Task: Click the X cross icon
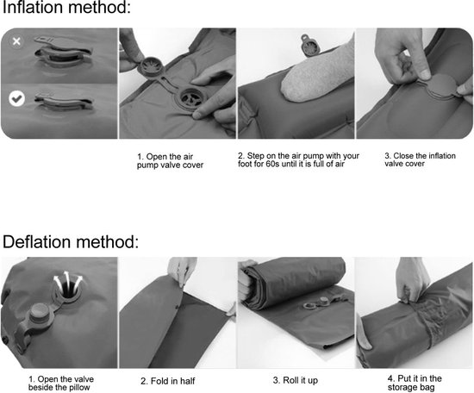[x=16, y=41]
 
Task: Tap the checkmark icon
[x=16, y=98]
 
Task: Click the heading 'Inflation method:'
[x=66, y=7]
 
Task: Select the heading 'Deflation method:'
[x=71, y=242]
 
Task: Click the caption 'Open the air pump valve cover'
[x=170, y=161]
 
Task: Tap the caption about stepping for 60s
[x=298, y=159]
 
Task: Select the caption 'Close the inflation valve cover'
[x=420, y=159]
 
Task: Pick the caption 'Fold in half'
[x=168, y=381]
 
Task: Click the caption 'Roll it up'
[x=296, y=380]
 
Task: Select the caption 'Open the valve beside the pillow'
[x=61, y=383]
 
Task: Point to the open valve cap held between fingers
[x=151, y=66]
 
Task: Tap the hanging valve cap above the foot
[x=309, y=46]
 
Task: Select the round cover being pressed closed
[x=441, y=86]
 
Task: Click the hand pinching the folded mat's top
[x=182, y=271]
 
